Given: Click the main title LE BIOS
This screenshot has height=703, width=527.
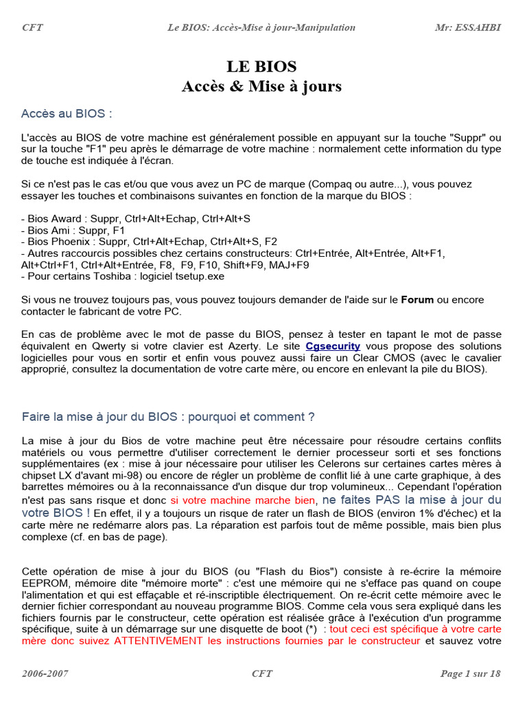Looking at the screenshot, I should [x=261, y=67].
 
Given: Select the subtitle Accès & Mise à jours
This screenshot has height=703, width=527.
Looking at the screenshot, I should [x=261, y=87].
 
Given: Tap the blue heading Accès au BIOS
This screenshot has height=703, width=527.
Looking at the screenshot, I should [x=67, y=113].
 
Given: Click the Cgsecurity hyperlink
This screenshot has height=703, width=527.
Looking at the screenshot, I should [x=333, y=346].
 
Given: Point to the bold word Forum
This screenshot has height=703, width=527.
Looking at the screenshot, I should [x=418, y=299].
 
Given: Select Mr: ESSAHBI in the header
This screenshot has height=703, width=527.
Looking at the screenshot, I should [x=468, y=27].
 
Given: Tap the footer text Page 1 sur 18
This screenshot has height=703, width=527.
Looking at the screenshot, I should [x=470, y=673].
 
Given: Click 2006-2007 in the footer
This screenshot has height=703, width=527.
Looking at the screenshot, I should [x=45, y=673].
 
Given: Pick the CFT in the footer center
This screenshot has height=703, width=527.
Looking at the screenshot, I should [x=262, y=673].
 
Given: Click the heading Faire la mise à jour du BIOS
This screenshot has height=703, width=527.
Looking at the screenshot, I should [x=168, y=417].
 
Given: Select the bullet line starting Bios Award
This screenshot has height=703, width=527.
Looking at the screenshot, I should [x=136, y=218].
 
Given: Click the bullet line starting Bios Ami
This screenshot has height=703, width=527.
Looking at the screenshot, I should [x=73, y=230].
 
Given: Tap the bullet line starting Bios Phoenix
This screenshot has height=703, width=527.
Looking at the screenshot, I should [x=150, y=242].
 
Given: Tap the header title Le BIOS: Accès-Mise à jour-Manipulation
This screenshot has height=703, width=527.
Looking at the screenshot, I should [x=261, y=27].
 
